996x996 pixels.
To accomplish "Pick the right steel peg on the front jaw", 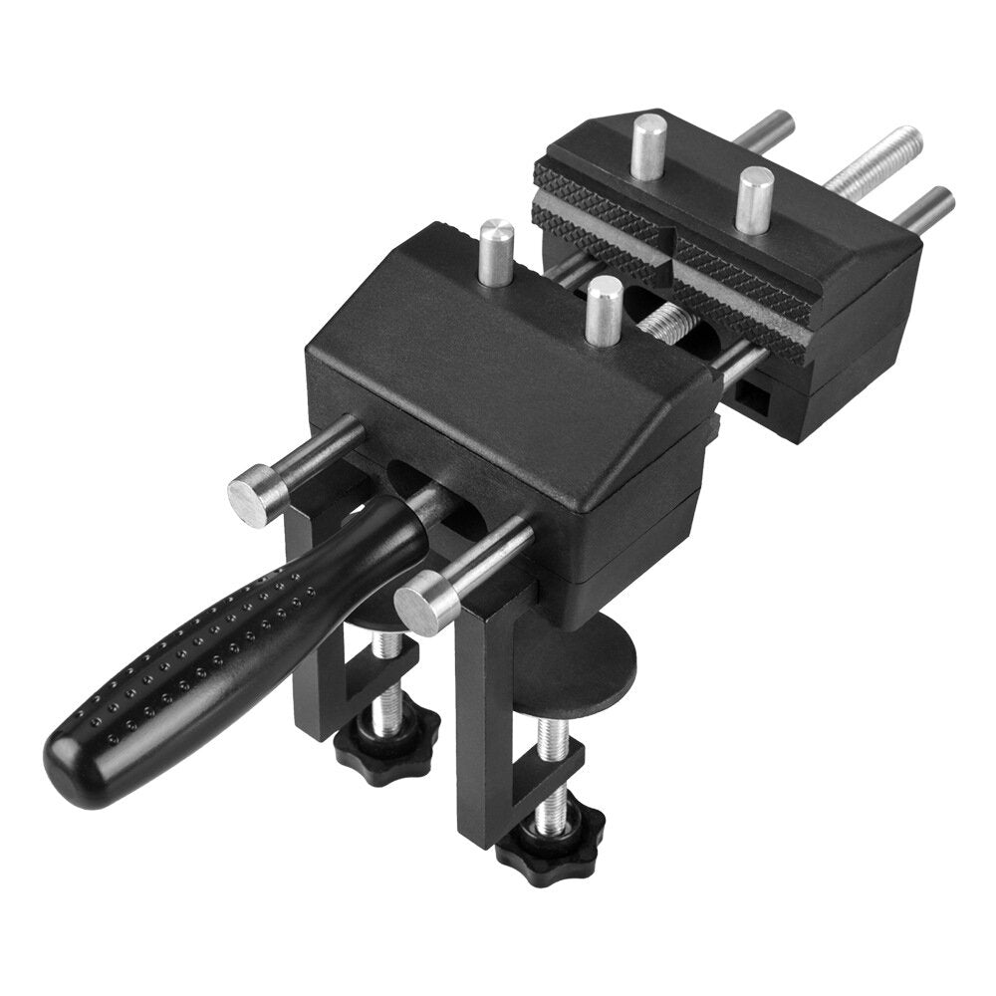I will click(x=601, y=311).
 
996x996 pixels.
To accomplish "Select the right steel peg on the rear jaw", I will click(x=754, y=198).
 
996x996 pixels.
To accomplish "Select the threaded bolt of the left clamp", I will click(x=390, y=687).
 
